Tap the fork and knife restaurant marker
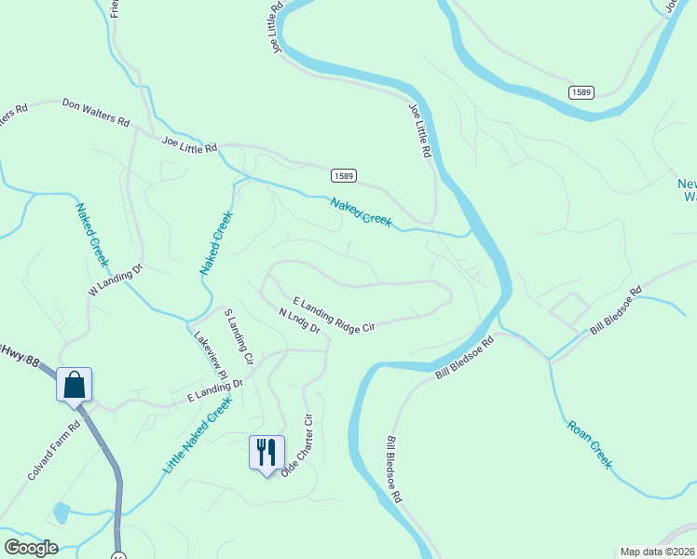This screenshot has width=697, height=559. (x=266, y=453)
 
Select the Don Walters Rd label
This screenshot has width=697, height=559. (x=96, y=112)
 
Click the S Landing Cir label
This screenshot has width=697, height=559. (x=239, y=337)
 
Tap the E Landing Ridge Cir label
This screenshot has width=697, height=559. (x=334, y=315)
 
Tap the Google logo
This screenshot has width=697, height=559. (x=30, y=548)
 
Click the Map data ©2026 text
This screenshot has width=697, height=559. (x=658, y=551)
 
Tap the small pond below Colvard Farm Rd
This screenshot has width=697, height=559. (x=61, y=512)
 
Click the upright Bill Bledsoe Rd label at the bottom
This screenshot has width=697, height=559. (x=393, y=470)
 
